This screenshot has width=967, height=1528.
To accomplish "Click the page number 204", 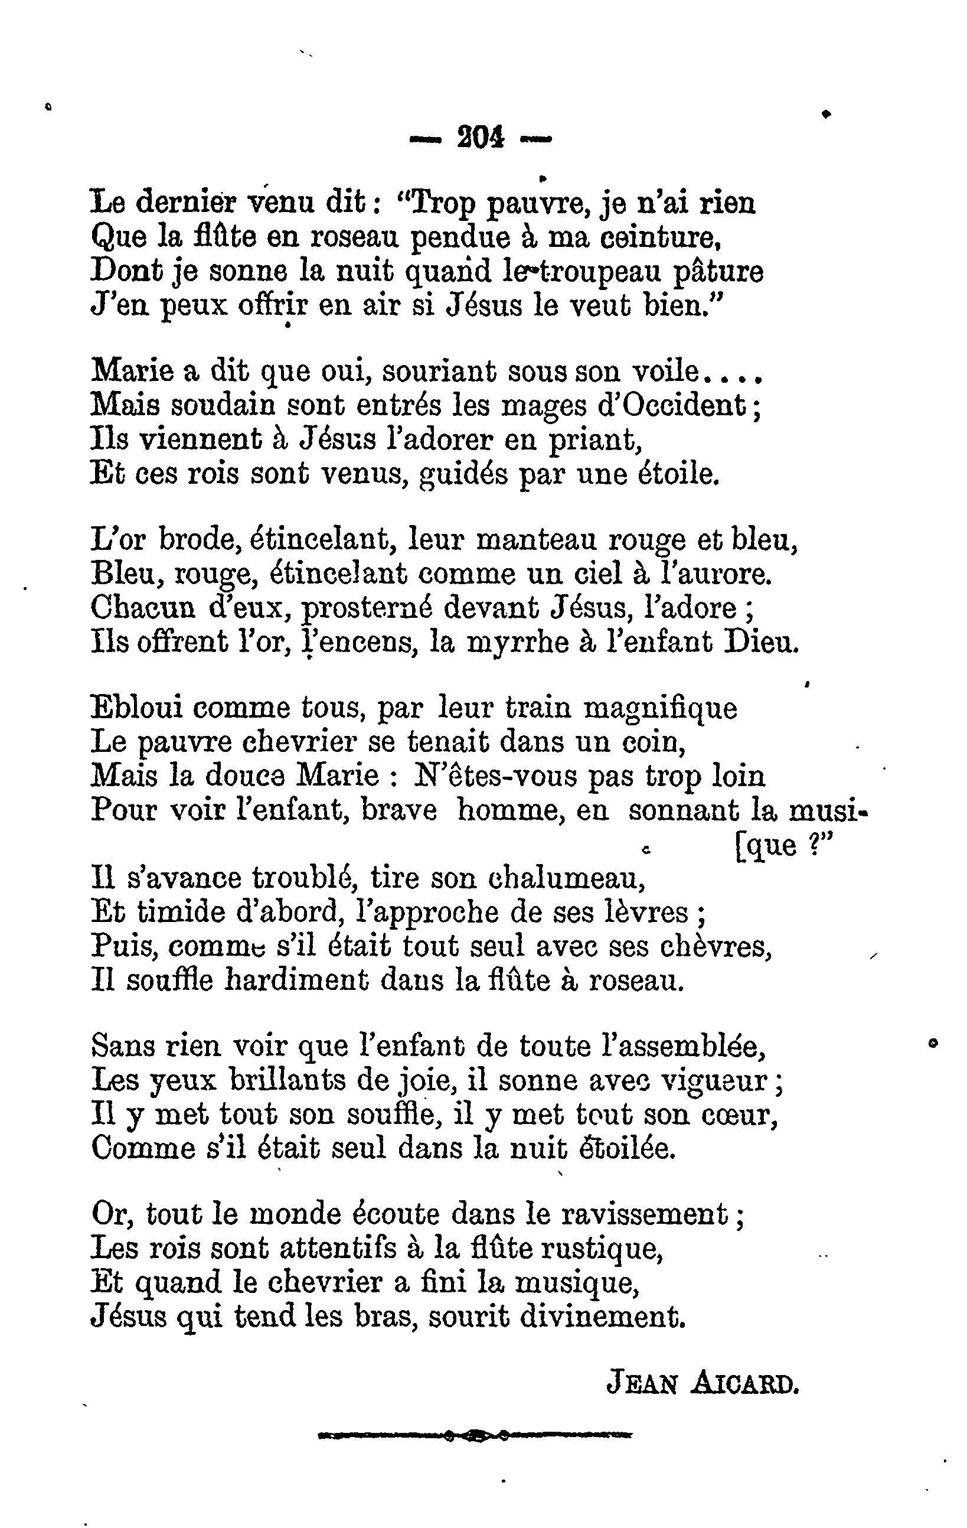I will [480, 137].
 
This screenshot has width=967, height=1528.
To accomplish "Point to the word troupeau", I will [589, 273].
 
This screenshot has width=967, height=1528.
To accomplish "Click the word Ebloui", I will [136, 708].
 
